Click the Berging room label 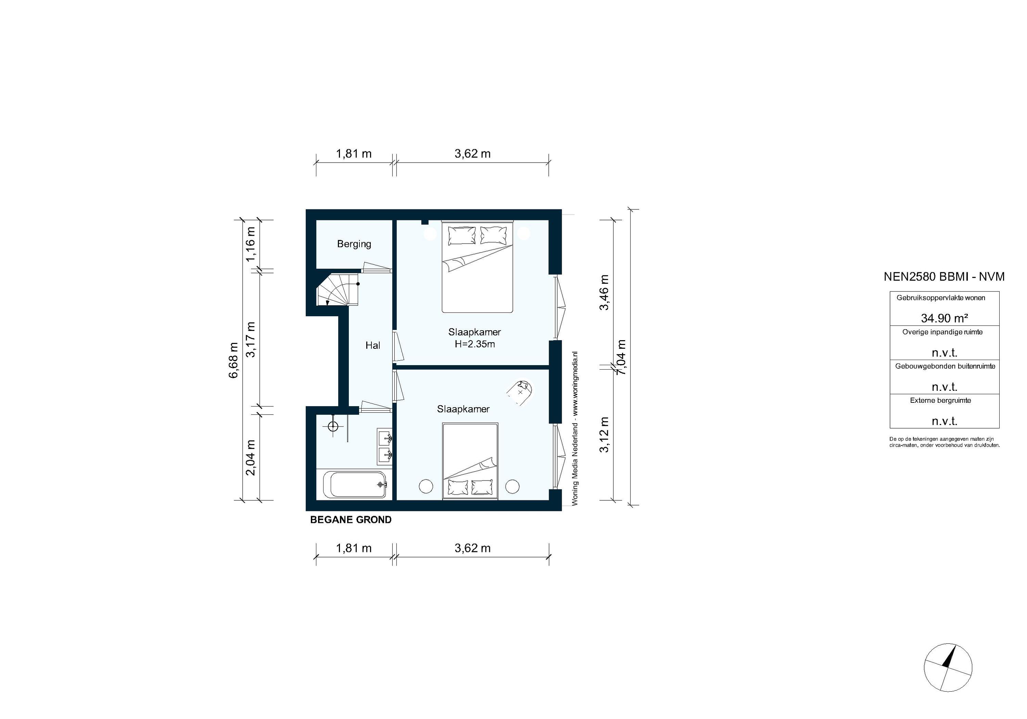354,244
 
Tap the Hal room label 372,345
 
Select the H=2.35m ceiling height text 474,344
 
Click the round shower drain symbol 333,426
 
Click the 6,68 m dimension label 233,360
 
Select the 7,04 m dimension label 621,357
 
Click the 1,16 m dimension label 251,244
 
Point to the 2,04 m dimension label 251,458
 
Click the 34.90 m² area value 944,318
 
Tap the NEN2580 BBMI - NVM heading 944,277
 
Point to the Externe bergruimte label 940,400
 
